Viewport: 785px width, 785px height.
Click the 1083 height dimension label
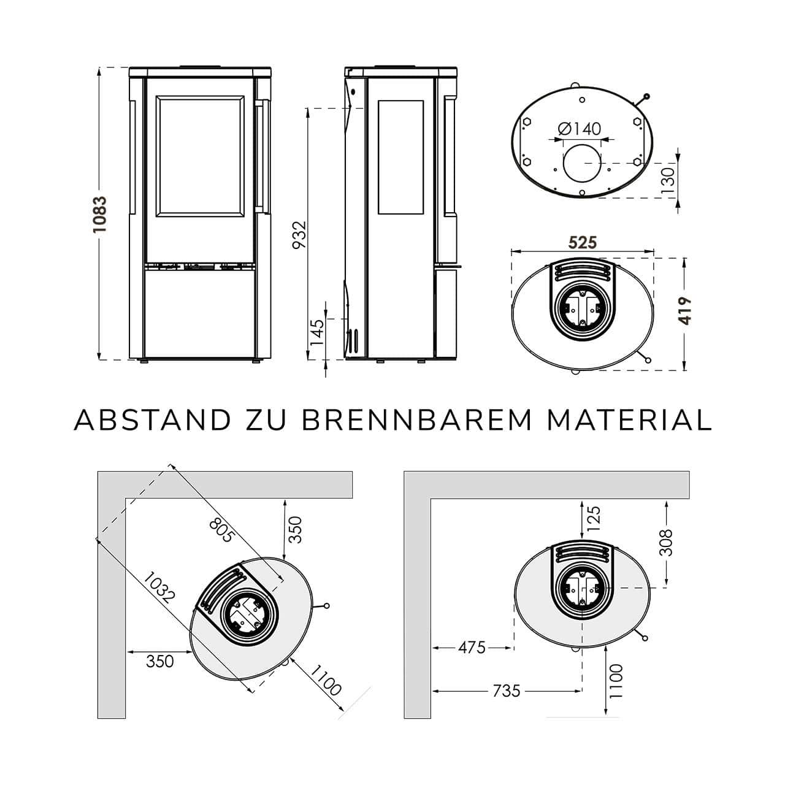[x=99, y=215]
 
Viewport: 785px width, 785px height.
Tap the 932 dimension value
[x=300, y=235]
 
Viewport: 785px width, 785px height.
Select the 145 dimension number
[x=317, y=332]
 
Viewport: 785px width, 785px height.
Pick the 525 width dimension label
[x=583, y=243]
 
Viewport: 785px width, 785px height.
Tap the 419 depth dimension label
[x=685, y=311]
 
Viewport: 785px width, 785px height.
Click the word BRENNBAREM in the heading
[x=416, y=420]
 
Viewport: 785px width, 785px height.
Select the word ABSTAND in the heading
[x=152, y=420]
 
